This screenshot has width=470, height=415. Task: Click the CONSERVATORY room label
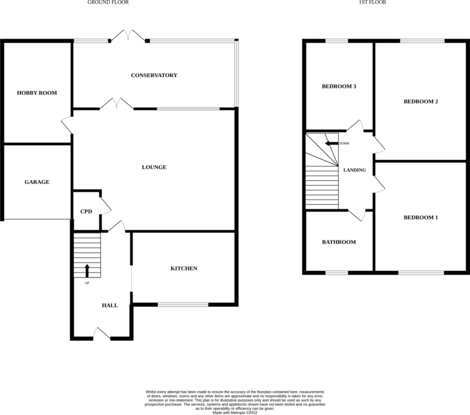tap(154, 75)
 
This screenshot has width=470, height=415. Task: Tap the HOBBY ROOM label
tap(37, 93)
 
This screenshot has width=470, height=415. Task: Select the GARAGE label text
tap(37, 182)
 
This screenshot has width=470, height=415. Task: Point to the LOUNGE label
tap(154, 167)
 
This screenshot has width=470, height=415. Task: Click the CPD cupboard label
tap(86, 211)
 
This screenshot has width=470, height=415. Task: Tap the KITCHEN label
tap(184, 268)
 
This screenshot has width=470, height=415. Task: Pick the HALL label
tap(110, 305)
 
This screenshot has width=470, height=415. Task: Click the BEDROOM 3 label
tap(339, 86)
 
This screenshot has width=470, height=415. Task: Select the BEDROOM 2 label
tap(421, 101)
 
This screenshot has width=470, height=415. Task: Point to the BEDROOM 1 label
tap(421, 217)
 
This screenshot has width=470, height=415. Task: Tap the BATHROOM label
tap(339, 242)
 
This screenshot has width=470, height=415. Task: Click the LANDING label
tap(355, 170)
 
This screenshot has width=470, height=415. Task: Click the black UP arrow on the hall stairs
tap(87, 271)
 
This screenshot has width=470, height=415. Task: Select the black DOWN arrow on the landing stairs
tap(331, 144)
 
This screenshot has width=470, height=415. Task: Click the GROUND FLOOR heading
tap(108, 2)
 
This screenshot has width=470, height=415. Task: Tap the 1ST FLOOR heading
tap(373, 2)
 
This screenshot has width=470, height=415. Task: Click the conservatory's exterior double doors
tap(128, 35)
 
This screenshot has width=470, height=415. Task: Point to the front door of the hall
tap(102, 333)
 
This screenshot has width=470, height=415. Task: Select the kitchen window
tap(183, 304)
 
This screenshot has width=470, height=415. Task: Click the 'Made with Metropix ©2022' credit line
tap(235, 412)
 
